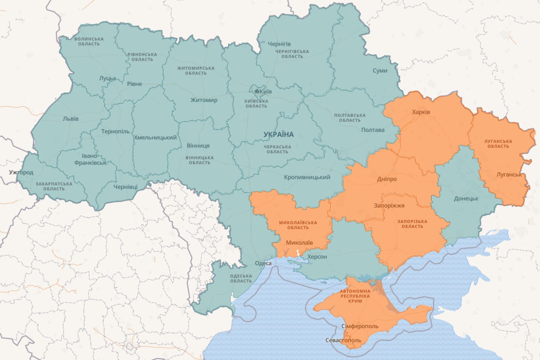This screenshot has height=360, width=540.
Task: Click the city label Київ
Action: pos(266,91)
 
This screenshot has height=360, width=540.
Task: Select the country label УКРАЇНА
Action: pos(278,134)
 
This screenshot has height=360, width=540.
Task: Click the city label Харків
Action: pos(421,112)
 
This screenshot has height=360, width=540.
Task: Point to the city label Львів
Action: pos(70,118)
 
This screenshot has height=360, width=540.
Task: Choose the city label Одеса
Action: pos(263,263)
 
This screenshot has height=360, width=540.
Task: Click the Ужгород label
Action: pos(21,172)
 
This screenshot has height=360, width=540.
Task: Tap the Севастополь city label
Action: pos(343,340)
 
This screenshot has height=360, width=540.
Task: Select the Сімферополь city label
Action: pos(359,326)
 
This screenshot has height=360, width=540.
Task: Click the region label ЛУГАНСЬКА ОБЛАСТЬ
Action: pos(498,144)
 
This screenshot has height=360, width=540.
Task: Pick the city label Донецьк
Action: pos(466,198)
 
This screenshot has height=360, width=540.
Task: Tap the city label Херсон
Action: pos(317,257)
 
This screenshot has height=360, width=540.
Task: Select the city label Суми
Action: pos(380,70)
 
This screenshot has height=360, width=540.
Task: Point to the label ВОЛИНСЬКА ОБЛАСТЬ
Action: pos(89,41)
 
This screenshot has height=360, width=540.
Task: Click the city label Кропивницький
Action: pos(307,177)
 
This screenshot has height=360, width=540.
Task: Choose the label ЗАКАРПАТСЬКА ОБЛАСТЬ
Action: pos(54,186)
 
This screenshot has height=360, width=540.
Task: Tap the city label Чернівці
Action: pos(125,187)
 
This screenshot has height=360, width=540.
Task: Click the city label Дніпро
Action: pos(386,179)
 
